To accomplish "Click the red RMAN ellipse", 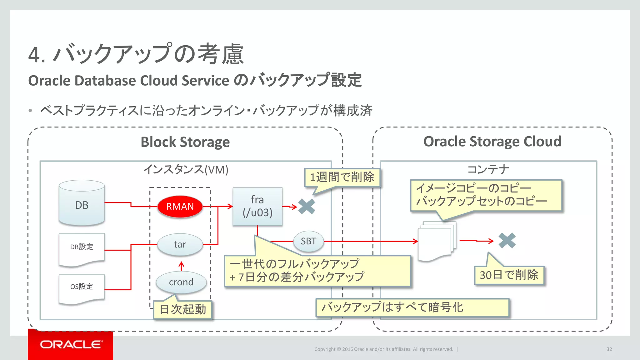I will coord(180,206).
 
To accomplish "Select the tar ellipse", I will coord(180,244).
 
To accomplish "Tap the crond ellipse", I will coord(181,282).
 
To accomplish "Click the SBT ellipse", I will coord(308,241).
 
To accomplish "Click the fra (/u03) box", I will coord(257,206).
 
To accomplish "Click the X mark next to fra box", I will coord(307,207).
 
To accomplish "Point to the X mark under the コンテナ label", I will coord(507,241).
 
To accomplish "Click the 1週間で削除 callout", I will coord(342,177).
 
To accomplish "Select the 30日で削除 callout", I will coord(509,275).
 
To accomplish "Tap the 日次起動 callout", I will coord(183,309).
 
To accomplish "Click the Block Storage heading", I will coord(185,142).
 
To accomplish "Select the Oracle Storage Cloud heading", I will coord(492,142).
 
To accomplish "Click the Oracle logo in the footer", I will coord(71,344).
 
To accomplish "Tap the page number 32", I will coord(609,349).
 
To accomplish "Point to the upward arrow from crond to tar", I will coord(181,266).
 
